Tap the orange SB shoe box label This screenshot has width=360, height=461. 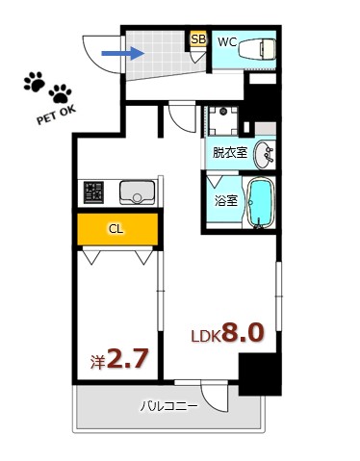point(198,39)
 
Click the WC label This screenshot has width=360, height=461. point(227,41)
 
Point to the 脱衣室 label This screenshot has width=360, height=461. point(230,152)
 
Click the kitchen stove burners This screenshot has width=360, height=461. point(94,192)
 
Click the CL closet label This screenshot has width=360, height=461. point(116,229)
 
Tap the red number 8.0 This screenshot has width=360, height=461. point(244,333)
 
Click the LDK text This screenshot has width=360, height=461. point(207,336)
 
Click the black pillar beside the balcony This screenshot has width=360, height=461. point(253,374)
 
